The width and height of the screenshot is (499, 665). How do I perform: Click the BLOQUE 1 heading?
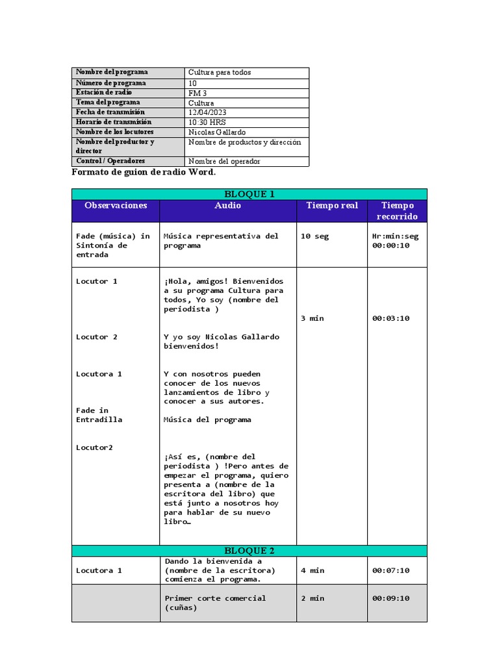249,194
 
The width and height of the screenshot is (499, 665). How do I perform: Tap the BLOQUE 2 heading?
249,551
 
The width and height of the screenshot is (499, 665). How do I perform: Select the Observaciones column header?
116,206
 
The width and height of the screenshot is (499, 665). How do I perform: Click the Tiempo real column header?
332,206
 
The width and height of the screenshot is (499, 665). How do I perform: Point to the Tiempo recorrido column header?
397,211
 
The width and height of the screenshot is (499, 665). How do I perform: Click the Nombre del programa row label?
112,72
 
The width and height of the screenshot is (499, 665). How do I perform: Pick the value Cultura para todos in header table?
220,73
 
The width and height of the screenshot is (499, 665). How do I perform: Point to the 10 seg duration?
314,236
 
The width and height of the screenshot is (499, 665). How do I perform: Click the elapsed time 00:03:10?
390,318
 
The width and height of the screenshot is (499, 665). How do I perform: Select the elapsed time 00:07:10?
390,570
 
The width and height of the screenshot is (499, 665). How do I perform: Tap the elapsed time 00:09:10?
390,598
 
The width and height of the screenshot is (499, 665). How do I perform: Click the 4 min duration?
313,570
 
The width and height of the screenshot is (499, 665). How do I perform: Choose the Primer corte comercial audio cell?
215,603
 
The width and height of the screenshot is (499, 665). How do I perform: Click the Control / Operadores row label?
110,161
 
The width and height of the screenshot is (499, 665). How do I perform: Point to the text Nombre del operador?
224,161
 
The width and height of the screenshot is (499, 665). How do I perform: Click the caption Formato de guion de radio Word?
143,173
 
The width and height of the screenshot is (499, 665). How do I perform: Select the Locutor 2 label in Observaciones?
97,337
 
